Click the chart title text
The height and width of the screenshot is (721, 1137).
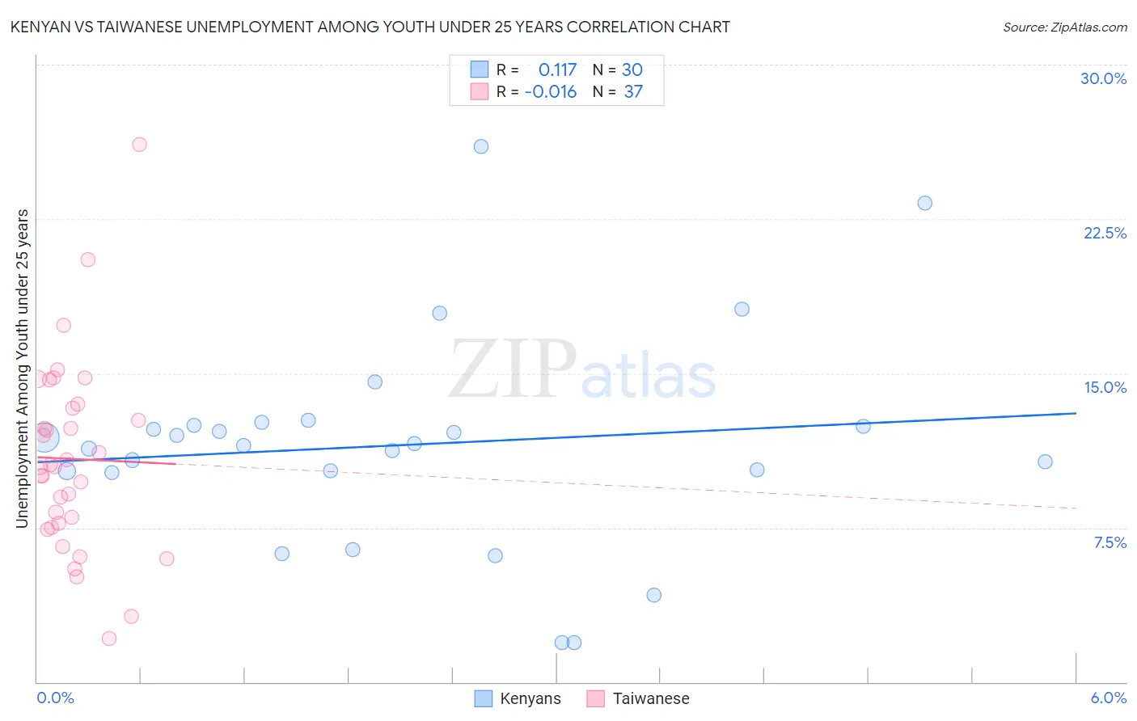pos(370,27)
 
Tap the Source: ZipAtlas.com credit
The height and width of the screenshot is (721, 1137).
pos(1064,27)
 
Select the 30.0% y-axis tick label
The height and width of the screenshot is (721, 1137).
pos(1103,78)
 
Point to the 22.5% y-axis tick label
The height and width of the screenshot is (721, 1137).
pos(1105,233)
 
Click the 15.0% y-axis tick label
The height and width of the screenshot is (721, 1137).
pos(1105,387)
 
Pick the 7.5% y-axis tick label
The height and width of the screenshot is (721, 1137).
pos(1110,542)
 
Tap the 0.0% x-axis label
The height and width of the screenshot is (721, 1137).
pos(55,698)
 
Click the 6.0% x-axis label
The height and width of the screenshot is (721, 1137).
pos(1108,698)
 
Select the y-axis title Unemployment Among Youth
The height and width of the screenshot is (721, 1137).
pos(22,369)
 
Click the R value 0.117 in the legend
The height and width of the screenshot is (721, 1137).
pos(557,70)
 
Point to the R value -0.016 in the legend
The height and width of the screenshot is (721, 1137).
pos(551,92)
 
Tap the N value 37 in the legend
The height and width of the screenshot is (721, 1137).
pos(633,92)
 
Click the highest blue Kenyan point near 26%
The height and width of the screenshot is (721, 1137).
pos(481,146)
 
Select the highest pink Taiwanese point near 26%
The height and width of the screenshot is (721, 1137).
pos(139,145)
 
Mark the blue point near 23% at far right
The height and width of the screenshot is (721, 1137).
pos(924,203)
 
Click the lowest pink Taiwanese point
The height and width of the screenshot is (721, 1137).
pos(109,639)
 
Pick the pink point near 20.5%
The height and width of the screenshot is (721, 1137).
pos(88,259)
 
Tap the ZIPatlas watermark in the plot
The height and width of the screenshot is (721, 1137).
pos(582,369)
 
